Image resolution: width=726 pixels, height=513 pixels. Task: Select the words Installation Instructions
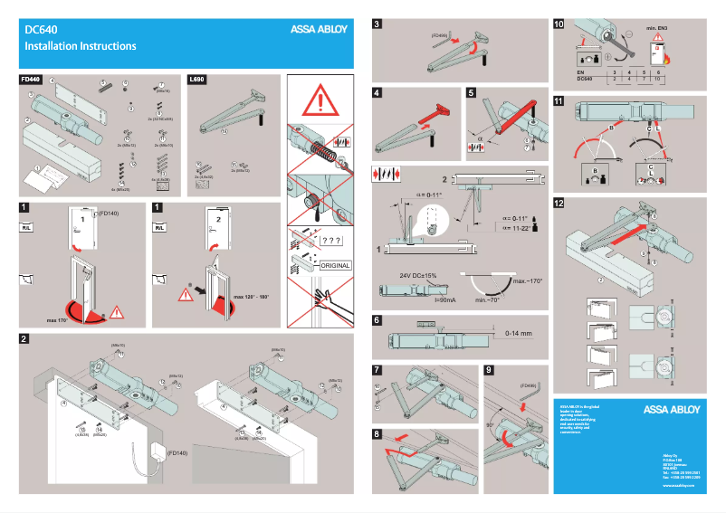click(x=81, y=46)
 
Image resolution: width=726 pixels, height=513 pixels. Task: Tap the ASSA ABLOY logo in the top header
click(x=320, y=28)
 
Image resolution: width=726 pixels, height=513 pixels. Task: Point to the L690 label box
click(x=196, y=81)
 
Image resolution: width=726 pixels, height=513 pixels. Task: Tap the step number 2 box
click(x=24, y=339)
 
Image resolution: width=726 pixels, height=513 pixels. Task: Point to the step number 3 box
click(x=377, y=25)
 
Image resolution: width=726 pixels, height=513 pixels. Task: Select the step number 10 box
click(x=559, y=25)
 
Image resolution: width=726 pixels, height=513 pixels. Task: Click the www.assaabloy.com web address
click(x=678, y=486)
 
